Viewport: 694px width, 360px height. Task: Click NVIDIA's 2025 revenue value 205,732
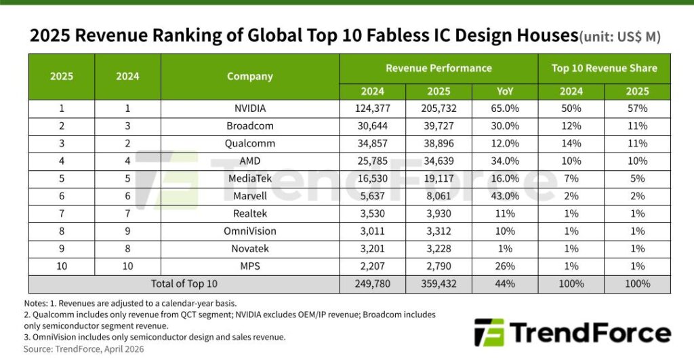[x=438, y=107]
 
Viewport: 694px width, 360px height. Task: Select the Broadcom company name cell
[x=250, y=126]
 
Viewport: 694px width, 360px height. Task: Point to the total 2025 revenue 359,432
[x=438, y=284]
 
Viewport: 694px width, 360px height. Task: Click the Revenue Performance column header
[x=438, y=68]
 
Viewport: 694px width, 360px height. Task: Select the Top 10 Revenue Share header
[x=605, y=68]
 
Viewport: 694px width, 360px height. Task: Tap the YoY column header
[x=505, y=92]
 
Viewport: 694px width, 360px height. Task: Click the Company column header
[x=250, y=77]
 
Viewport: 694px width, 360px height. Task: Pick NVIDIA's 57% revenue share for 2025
[x=637, y=107]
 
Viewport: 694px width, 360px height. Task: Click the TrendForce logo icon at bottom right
[x=489, y=333]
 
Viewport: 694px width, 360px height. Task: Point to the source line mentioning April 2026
[x=84, y=349]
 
